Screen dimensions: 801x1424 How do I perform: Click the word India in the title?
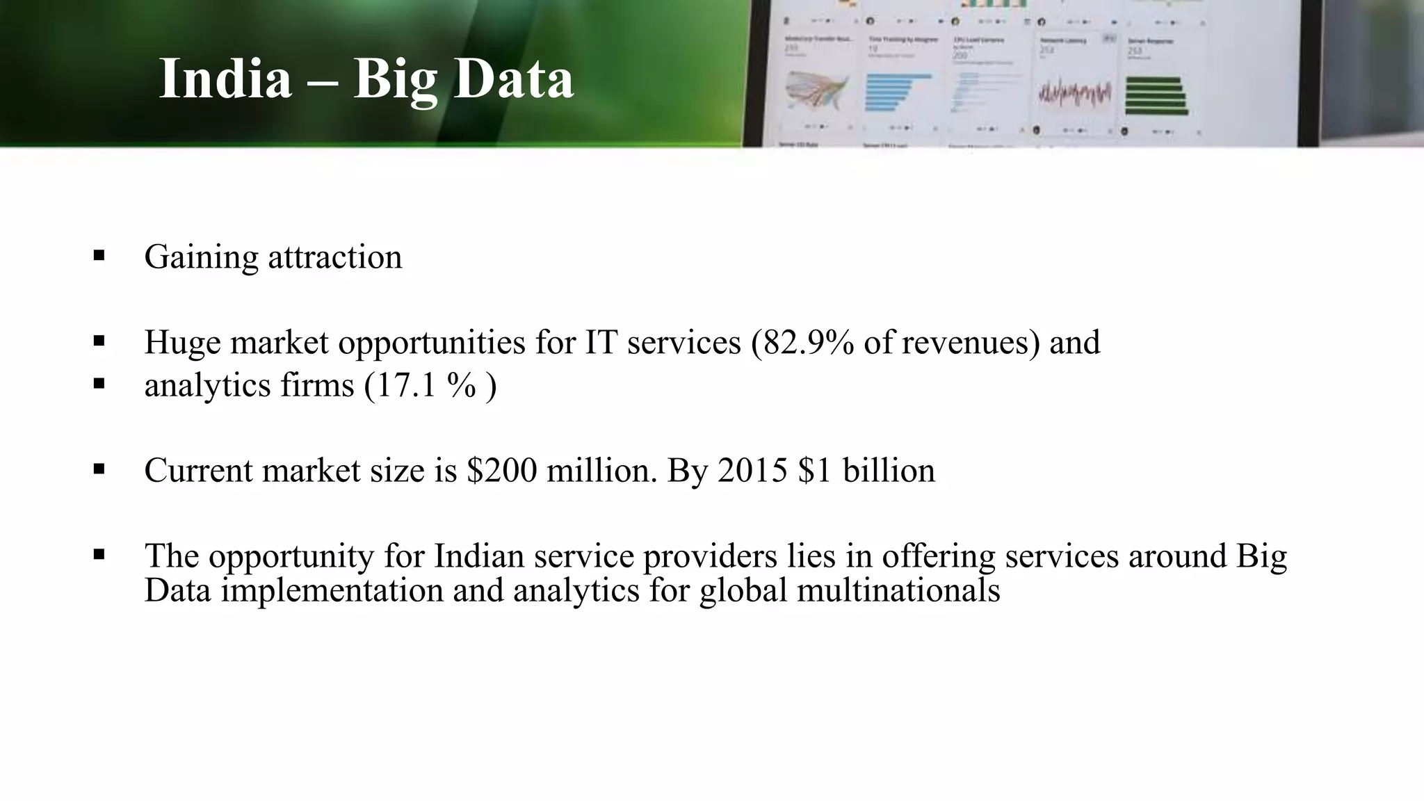[x=225, y=79]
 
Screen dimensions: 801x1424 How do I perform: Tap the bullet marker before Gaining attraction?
[x=99, y=255]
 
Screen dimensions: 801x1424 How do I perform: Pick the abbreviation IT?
[x=601, y=342]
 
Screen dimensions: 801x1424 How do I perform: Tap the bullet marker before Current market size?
[x=99, y=469]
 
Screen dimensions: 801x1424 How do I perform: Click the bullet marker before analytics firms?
[x=99, y=383]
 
